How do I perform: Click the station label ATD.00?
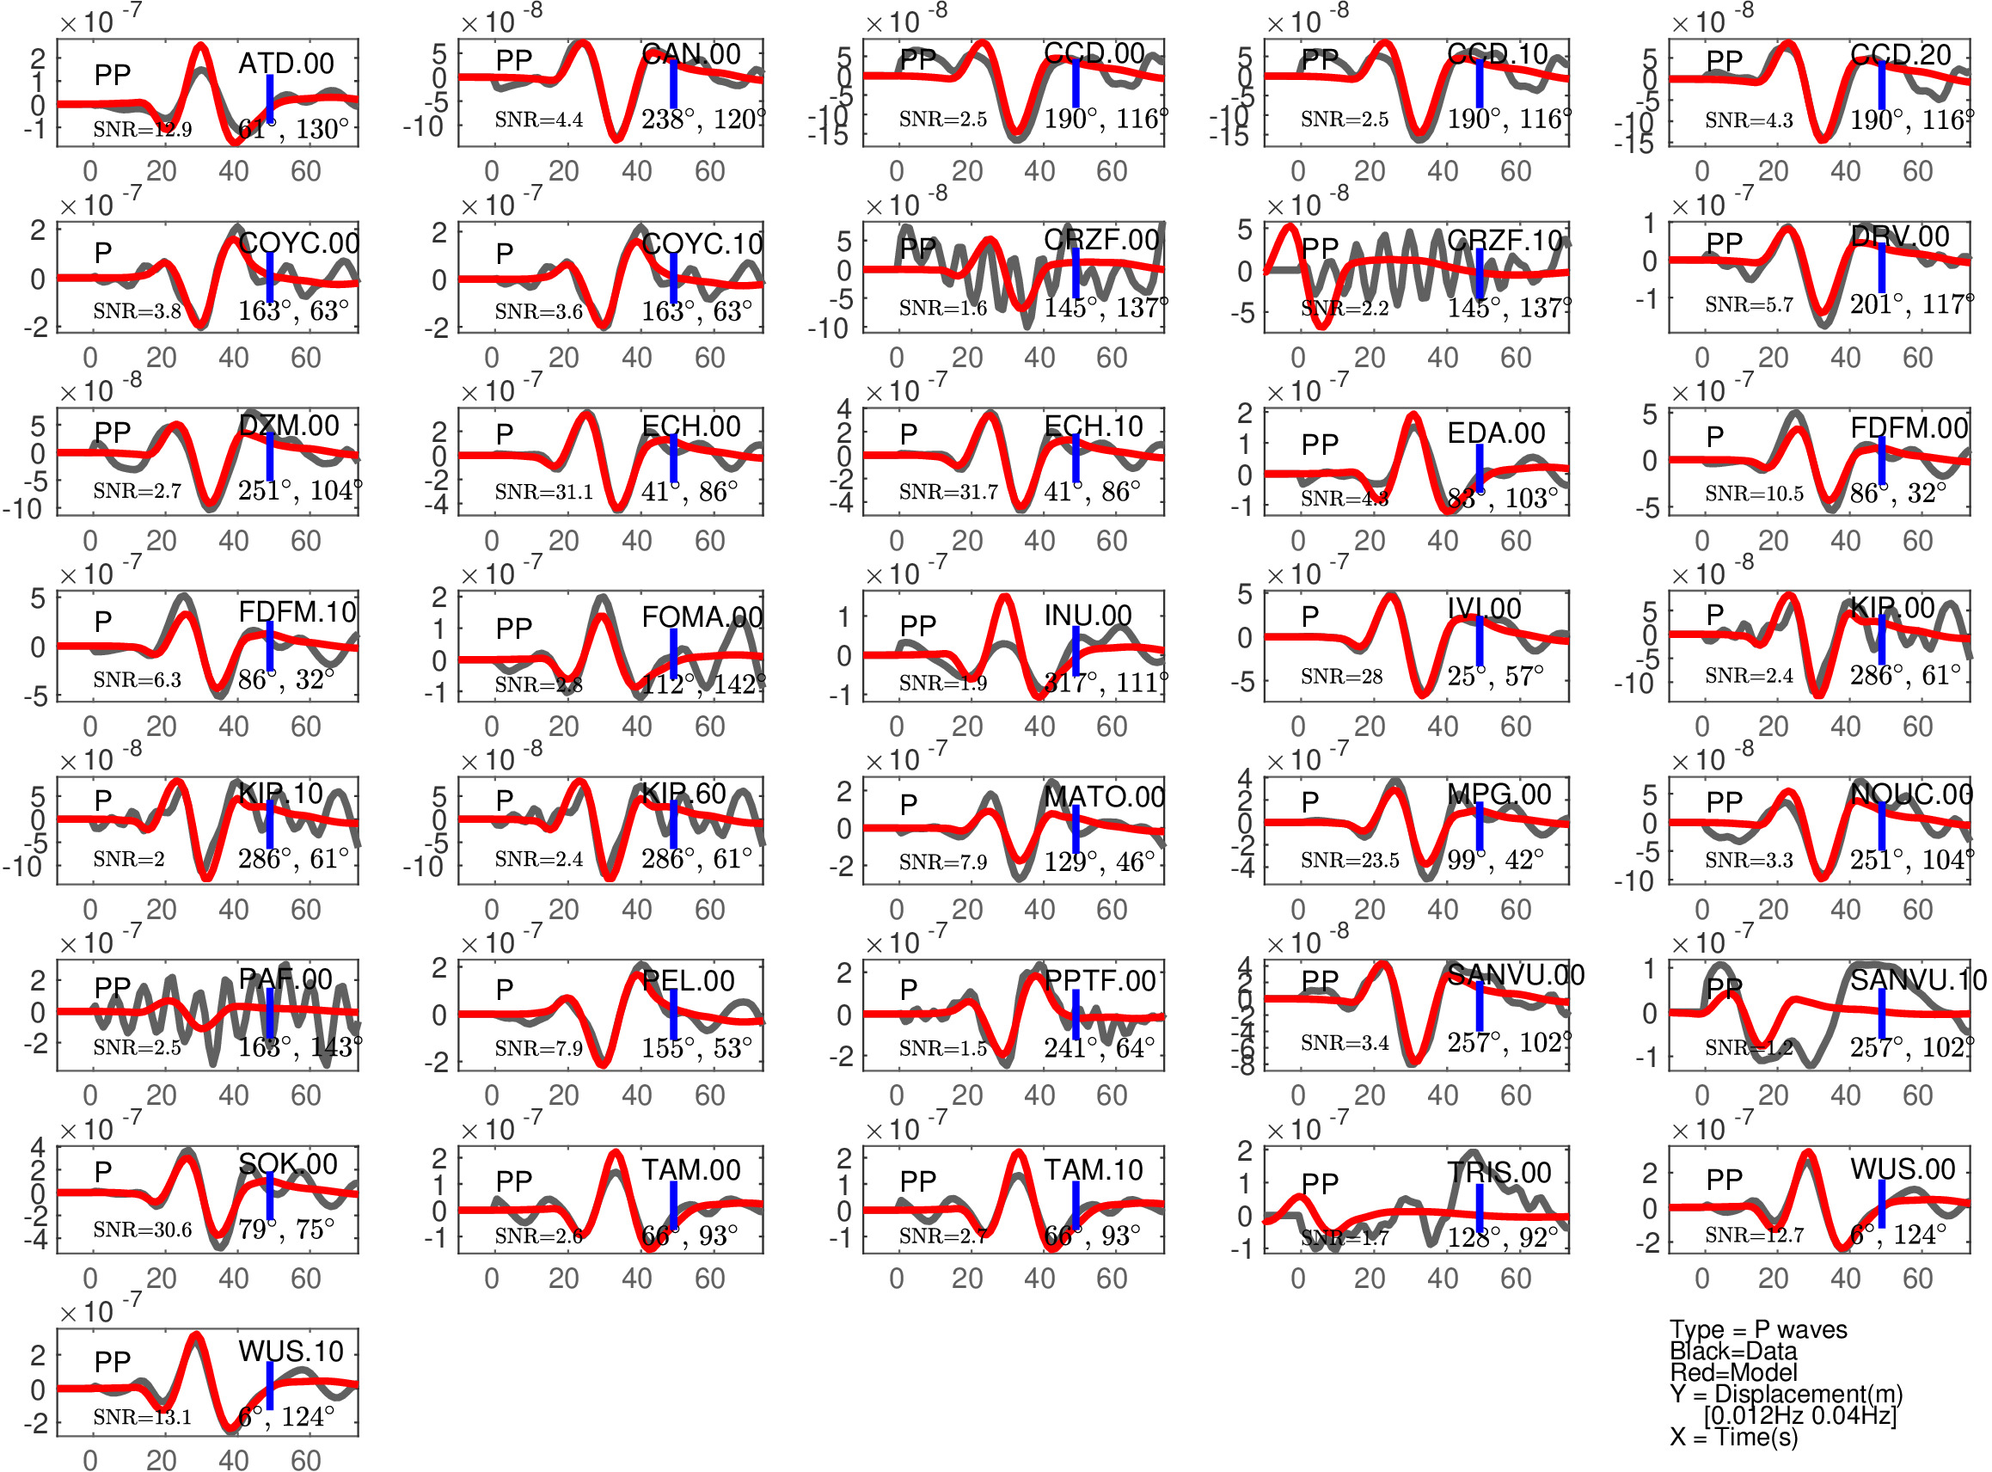286,64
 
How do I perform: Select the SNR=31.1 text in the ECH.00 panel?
543,492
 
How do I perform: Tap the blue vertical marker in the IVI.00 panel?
1479,641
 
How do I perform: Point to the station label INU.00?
1088,616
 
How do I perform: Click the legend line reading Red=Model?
1732,1372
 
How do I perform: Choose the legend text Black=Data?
1732,1351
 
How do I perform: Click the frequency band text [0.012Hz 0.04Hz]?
1799,1415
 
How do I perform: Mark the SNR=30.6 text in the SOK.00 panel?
143,1230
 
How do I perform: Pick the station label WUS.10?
291,1351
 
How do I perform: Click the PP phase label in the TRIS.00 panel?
1320,1183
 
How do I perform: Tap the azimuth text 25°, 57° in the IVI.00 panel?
1495,677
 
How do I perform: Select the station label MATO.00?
1104,796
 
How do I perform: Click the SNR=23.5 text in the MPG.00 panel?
1349,860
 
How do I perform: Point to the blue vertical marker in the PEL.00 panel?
673,1014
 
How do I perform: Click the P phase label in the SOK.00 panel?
103,1172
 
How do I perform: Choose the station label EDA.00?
1496,433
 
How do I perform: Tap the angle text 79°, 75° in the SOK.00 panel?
286,1230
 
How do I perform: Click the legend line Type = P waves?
1757,1329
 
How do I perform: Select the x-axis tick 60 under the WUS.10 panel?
305,1459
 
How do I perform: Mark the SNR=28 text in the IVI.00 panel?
1341,677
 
